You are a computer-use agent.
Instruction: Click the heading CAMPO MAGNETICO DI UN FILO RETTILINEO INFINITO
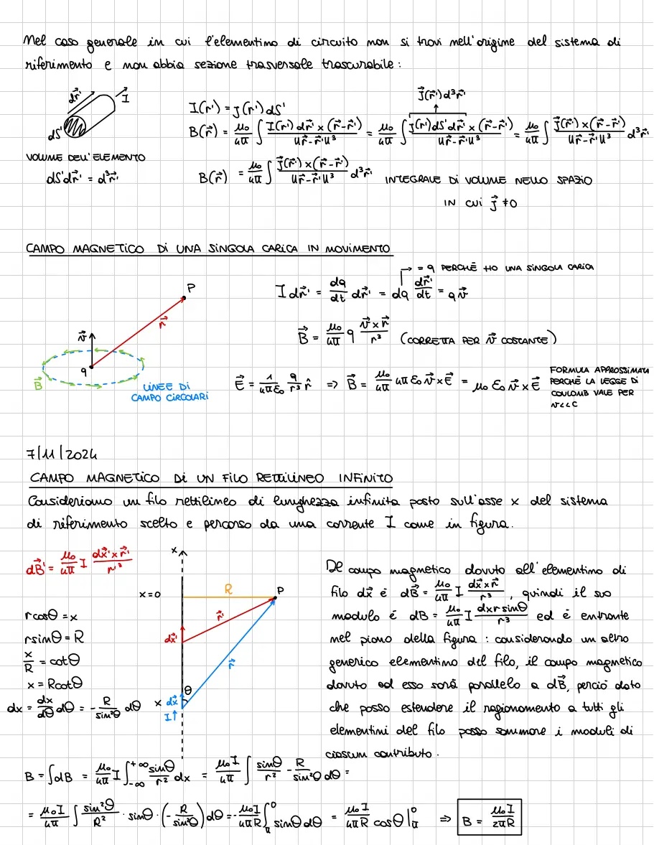[x=212, y=478]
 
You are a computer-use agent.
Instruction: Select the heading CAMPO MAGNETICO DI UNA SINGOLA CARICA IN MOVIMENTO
[x=209, y=249]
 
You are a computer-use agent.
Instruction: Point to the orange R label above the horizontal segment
[x=228, y=589]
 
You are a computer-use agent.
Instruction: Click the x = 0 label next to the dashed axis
[x=152, y=595]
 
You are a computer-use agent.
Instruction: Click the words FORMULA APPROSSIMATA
[x=600, y=370]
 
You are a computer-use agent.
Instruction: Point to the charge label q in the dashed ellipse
[x=84, y=371]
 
